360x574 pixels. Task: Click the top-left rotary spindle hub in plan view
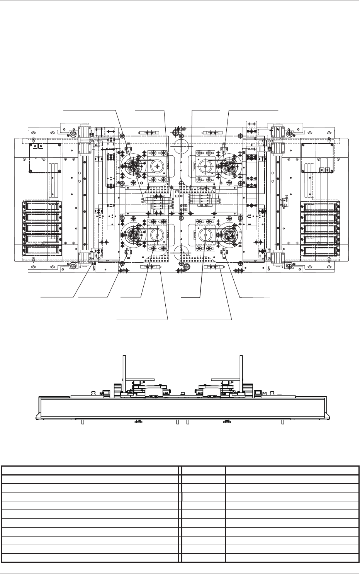pos(134,166)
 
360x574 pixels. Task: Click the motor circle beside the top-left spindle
pos(158,166)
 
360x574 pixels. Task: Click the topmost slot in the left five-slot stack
pos(42,206)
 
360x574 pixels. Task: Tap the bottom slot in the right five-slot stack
pos(320,251)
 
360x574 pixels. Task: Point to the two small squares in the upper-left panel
pos(37,147)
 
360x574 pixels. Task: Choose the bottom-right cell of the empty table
pos(292,558)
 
